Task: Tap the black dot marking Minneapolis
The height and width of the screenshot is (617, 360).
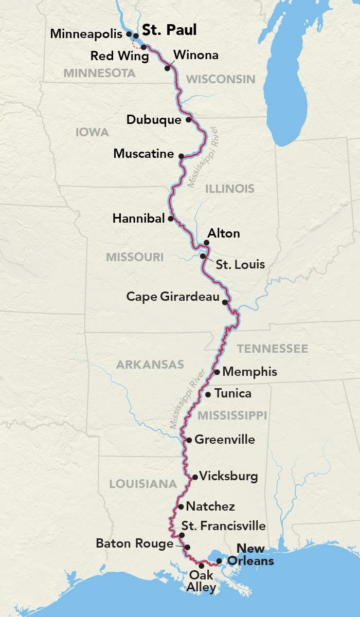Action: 129,33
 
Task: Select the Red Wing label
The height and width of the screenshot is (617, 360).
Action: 119,56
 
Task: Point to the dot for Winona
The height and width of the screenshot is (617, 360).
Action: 167,67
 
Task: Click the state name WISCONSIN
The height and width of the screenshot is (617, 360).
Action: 221,79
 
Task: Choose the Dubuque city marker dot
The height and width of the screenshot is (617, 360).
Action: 189,120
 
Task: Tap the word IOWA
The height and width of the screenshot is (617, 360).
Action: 92,133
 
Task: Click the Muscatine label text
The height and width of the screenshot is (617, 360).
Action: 143,153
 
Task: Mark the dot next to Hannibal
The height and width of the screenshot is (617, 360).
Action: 171,219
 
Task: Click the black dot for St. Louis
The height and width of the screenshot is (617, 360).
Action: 203,256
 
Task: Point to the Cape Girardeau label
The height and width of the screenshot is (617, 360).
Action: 173,297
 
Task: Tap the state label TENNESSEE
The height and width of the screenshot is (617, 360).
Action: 272,349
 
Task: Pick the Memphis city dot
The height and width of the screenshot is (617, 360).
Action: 217,372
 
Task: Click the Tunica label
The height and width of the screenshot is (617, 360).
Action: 233,394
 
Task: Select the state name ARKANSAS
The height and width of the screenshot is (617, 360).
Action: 150,365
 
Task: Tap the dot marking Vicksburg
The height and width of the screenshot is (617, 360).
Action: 194,477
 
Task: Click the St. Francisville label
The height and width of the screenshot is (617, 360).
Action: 224,525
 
